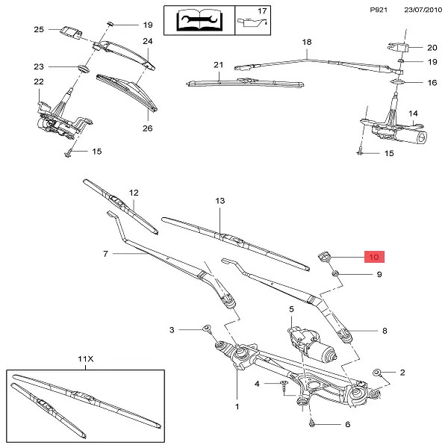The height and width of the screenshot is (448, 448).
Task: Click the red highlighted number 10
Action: click(x=374, y=257)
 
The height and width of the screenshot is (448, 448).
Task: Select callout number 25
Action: click(x=40, y=29)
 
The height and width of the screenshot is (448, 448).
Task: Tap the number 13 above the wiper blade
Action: click(x=220, y=201)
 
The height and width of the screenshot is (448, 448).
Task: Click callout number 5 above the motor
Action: click(x=292, y=308)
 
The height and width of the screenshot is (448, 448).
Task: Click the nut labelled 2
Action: click(x=379, y=372)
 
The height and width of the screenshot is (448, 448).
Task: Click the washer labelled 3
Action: click(x=207, y=329)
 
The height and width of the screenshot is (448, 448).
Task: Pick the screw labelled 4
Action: click(x=284, y=385)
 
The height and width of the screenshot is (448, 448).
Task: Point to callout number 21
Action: click(x=218, y=65)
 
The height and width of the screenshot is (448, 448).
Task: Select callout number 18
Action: click(x=306, y=43)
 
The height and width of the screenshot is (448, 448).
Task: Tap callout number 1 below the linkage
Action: click(x=237, y=407)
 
